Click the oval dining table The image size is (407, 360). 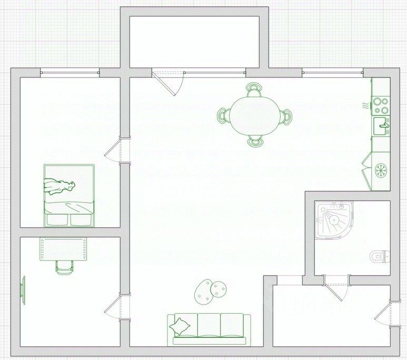255,115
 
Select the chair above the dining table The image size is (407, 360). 255,89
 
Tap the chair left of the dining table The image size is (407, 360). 224,115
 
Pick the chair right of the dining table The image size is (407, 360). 287,115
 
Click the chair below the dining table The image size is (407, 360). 255,141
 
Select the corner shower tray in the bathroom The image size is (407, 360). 332,220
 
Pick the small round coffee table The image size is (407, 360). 219,288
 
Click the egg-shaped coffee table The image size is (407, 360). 203,291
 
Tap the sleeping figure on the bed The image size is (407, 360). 59,186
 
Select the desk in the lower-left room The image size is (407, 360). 64,248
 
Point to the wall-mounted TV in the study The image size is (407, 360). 23,290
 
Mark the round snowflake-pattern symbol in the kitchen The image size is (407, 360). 380,170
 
